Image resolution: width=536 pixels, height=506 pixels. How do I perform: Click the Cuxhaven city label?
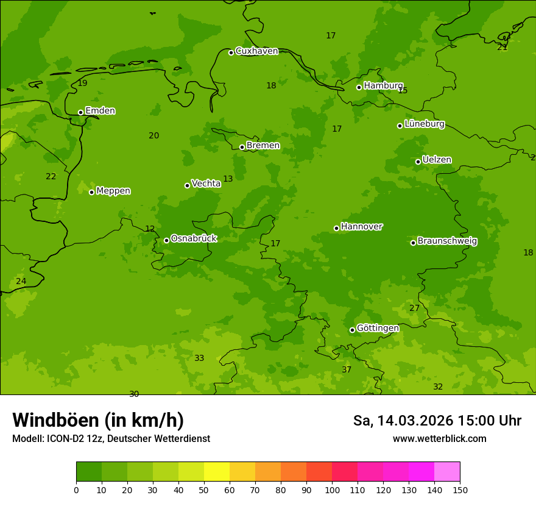256,51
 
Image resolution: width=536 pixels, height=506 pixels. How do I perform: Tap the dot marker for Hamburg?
359,87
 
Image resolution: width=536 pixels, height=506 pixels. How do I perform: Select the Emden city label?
100,111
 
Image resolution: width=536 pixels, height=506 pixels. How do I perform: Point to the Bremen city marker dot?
242,147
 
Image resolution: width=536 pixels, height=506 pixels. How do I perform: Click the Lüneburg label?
424,124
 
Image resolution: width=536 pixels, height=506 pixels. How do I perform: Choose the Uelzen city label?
437,160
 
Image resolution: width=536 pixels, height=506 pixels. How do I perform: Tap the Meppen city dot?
92,192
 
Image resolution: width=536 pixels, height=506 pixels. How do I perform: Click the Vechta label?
206,184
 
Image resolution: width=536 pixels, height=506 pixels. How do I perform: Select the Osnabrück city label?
194,238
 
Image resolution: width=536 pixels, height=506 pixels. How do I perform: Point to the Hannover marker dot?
336,228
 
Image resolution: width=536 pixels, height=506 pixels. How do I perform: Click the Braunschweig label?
447,241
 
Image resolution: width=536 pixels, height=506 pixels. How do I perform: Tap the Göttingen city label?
378,328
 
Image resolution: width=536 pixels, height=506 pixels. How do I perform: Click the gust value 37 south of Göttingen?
347,370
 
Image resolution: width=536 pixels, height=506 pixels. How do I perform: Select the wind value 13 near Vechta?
228,179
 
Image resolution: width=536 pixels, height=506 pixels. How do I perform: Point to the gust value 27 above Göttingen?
414,308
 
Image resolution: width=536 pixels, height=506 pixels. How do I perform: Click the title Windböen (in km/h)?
98,420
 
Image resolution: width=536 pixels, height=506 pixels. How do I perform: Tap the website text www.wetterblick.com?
439,439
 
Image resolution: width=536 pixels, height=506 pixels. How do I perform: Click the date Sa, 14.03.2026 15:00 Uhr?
437,421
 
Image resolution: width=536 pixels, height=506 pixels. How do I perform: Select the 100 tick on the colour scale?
332,490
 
